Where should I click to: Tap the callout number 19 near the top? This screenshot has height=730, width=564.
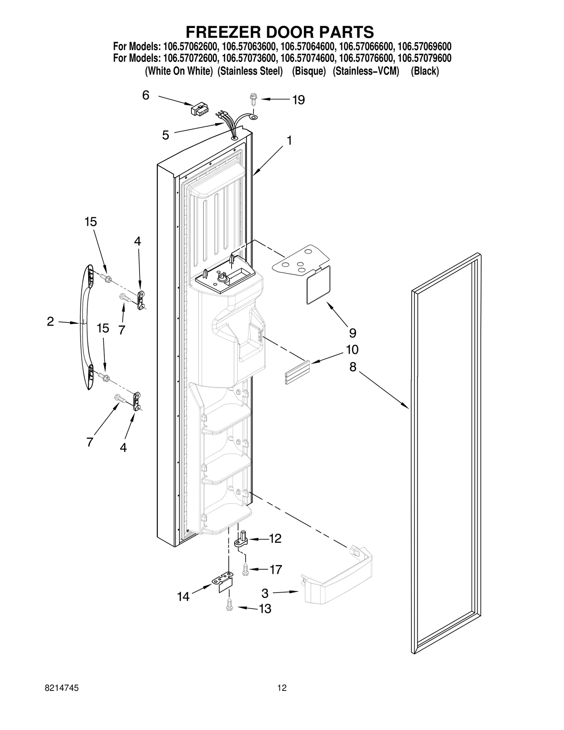click(298, 100)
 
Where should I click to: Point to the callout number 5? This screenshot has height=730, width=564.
click(166, 135)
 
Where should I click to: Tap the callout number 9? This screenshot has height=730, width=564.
click(352, 333)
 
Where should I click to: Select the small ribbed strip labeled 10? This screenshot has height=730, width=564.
click(297, 372)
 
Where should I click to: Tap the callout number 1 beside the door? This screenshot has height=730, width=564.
click(289, 141)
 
